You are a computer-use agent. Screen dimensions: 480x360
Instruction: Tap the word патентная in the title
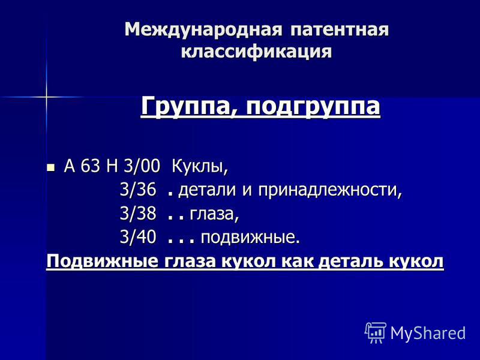(339, 30)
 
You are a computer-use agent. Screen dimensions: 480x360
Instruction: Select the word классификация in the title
(257, 52)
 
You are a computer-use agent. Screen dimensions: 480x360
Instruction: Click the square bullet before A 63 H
(51, 167)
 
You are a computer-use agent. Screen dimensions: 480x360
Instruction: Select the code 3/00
(142, 167)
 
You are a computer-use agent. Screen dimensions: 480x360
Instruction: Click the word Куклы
(200, 167)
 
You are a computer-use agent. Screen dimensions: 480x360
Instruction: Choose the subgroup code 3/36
(138, 190)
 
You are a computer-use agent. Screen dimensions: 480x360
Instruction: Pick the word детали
(208, 190)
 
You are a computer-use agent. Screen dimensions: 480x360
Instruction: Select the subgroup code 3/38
(138, 214)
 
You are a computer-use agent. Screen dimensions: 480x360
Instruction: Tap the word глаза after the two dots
(214, 214)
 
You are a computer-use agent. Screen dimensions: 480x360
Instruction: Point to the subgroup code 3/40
(138, 237)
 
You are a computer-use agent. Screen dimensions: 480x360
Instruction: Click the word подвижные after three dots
(250, 238)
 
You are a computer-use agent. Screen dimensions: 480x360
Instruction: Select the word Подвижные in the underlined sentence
(103, 262)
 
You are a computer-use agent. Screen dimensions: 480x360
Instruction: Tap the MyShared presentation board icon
(376, 333)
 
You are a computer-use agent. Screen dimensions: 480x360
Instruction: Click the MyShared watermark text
(428, 332)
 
